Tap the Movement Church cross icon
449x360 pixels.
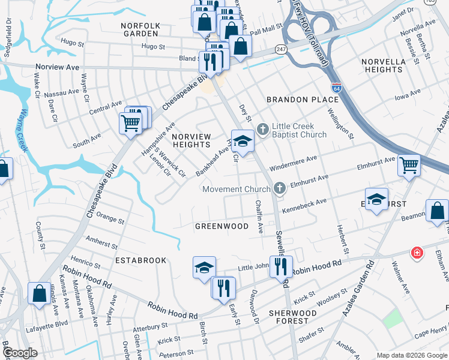[x=279, y=189]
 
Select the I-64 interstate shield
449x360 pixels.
[x=337, y=88]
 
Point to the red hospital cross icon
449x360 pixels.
[x=416, y=254]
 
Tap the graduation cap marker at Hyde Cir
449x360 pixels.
[x=243, y=140]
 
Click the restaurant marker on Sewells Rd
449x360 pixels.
[x=281, y=266]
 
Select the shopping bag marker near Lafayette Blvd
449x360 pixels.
[x=39, y=294]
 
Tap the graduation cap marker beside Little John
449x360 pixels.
[x=204, y=267]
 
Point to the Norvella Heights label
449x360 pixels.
[x=383, y=65]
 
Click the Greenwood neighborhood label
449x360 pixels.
[x=221, y=226]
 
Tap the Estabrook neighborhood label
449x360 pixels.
[x=136, y=261]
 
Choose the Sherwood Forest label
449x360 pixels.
[x=292, y=317]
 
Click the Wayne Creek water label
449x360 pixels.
[x=26, y=131]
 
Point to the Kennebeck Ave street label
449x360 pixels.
[x=304, y=205]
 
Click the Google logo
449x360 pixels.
[x=20, y=352]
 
